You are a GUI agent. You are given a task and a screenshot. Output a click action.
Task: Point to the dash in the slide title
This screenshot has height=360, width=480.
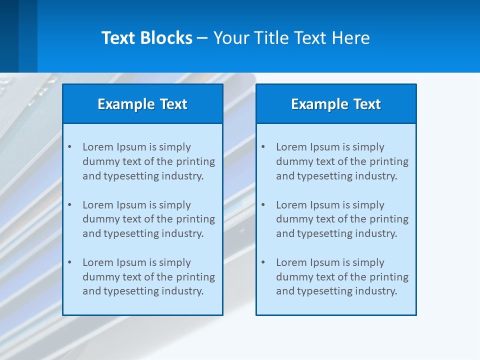pyautogui.click(x=202, y=38)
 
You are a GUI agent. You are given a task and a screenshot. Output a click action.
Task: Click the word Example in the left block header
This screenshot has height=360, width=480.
pyautogui.click(x=126, y=104)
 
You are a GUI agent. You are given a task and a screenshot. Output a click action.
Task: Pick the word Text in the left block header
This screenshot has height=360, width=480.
pyautogui.click(x=173, y=104)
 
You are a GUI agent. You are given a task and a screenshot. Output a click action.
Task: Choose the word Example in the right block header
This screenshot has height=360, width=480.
pyautogui.click(x=319, y=104)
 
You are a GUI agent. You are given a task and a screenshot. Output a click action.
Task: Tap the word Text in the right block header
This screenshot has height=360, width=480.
pyautogui.click(x=366, y=104)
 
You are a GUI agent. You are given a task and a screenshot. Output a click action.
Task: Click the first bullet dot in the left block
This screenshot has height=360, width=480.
pyautogui.click(x=69, y=147)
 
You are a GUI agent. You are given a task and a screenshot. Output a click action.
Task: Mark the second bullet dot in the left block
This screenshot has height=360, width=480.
pyautogui.click(x=69, y=205)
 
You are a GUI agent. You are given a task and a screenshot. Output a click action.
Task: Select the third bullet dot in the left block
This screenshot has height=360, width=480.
pyautogui.click(x=69, y=262)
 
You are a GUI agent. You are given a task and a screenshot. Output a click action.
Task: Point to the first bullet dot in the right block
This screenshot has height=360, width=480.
pyautogui.click(x=263, y=147)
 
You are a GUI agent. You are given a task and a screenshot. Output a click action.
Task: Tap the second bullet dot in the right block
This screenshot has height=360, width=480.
pyautogui.click(x=263, y=205)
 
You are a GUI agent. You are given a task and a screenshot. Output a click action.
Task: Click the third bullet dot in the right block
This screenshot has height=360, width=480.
pyautogui.click(x=263, y=262)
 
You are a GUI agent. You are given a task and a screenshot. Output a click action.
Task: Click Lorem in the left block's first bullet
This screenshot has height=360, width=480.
pyautogui.click(x=98, y=147)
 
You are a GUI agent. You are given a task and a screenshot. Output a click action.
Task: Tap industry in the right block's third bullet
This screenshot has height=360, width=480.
pyautogui.click(x=378, y=291)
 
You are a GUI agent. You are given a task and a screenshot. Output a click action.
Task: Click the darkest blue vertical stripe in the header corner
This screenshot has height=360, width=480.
pyautogui.click(x=9, y=36)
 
